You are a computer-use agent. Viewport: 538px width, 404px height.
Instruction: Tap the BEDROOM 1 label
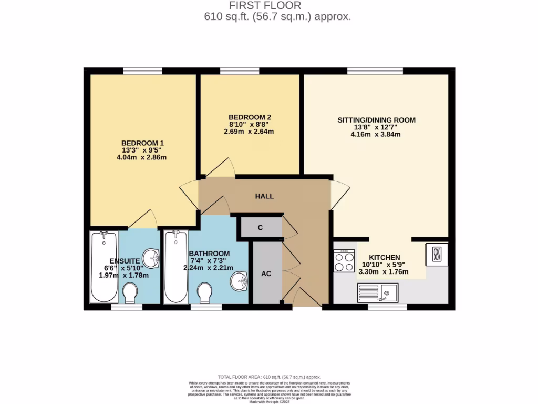[x=143, y=143]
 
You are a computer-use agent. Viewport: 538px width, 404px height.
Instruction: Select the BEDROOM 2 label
[x=250, y=117]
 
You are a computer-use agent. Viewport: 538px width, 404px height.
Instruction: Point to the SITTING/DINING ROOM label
[x=376, y=120]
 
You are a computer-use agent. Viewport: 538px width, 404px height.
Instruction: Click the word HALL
[x=264, y=196]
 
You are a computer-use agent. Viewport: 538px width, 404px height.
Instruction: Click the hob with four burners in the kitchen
[x=344, y=260]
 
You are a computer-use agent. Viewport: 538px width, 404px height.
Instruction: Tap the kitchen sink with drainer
[x=378, y=292]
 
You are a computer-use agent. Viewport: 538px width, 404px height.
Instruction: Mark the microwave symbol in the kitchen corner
[x=437, y=255]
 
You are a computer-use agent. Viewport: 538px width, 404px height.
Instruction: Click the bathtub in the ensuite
[x=104, y=267]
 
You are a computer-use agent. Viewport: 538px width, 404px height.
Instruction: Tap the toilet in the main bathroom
[x=204, y=292]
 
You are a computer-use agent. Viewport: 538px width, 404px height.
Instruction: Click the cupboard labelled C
[x=260, y=228]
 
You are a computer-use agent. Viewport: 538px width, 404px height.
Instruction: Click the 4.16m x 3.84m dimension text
[x=376, y=134]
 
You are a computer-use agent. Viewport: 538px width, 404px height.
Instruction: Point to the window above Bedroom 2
[x=240, y=70]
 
